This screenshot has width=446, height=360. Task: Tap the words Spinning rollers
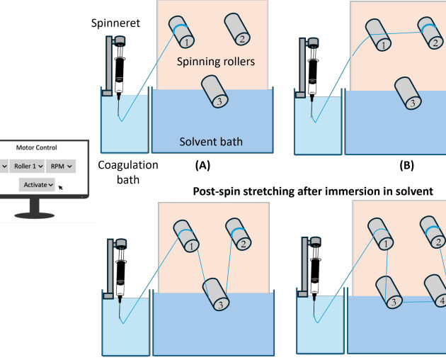click(215, 62)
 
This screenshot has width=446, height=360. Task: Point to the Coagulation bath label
click(119, 171)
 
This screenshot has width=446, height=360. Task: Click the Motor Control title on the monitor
click(38, 148)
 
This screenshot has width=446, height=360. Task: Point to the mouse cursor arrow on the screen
click(60, 187)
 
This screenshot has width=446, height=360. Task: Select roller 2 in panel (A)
click(236, 28)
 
